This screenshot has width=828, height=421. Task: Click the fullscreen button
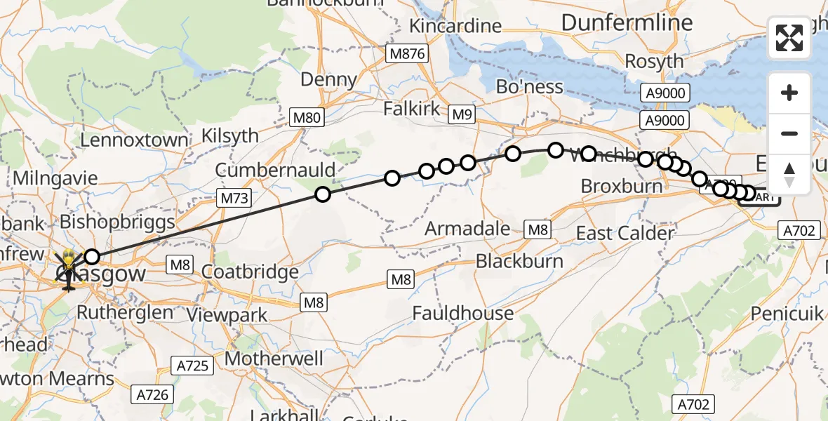(x=789, y=38)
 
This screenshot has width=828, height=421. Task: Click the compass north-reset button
(x=789, y=175)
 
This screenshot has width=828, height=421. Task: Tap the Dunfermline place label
(x=627, y=22)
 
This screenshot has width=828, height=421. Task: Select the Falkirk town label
(x=421, y=109)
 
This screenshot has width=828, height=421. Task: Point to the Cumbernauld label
(x=276, y=170)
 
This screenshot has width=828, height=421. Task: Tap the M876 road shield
(x=409, y=53)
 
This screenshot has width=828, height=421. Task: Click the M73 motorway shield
(x=234, y=199)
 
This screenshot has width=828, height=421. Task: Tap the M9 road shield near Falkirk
(x=462, y=115)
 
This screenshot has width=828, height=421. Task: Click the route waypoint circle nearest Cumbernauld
(x=322, y=194)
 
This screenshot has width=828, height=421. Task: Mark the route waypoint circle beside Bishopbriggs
(x=92, y=257)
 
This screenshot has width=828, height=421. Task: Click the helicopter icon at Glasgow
(x=69, y=269)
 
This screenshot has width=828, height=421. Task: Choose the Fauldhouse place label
(x=463, y=313)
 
